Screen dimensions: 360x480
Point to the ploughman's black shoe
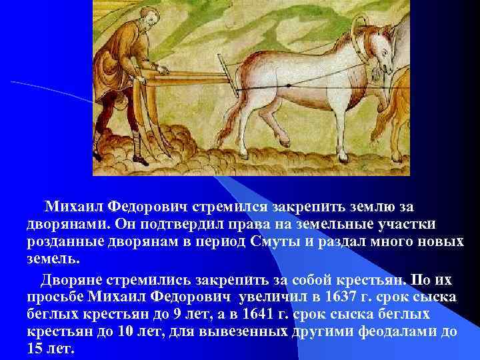(141, 161)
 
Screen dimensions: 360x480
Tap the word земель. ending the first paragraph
(53, 259)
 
